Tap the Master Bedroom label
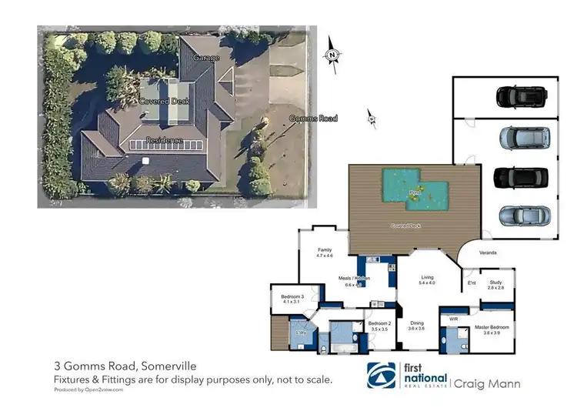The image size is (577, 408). (x=495, y=327)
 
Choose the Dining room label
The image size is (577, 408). (x=416, y=323)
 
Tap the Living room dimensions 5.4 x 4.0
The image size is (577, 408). (x=427, y=283)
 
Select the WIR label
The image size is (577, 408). (x=454, y=317)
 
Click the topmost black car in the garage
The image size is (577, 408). (x=521, y=96)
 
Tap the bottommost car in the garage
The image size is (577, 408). (x=523, y=216)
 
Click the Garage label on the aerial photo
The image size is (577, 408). (x=206, y=58)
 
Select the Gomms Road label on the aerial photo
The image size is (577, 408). (x=313, y=118)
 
